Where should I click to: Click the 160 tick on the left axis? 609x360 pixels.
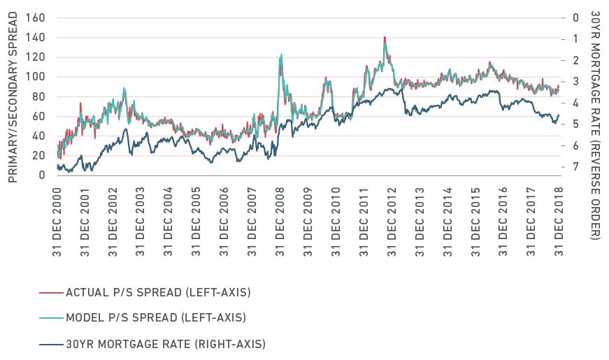[36, 18]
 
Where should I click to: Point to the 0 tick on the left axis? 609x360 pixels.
[42, 175]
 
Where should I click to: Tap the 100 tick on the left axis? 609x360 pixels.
[36, 77]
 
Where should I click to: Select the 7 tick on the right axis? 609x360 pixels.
[574, 167]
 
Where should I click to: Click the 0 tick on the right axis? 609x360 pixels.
[574, 18]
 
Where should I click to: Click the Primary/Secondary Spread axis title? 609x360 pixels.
[13, 96]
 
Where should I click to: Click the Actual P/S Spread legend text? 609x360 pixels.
[157, 291]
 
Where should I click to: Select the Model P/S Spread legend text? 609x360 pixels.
[155, 317]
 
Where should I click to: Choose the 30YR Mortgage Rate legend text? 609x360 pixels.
[165, 343]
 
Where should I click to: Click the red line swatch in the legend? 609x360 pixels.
[50, 291]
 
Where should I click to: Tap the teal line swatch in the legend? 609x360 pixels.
[50, 317]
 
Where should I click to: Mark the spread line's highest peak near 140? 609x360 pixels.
[385, 38]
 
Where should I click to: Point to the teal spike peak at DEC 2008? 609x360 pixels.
[281, 55]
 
